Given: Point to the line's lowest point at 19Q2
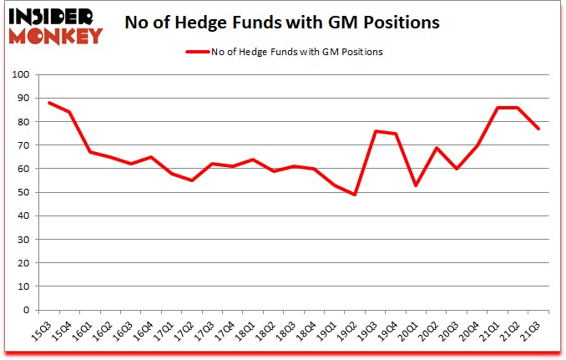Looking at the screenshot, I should click(x=356, y=195).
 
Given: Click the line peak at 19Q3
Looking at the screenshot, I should click(x=376, y=131).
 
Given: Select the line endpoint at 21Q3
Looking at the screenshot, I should click(x=538, y=129).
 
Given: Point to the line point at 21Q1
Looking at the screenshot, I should click(x=498, y=108).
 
